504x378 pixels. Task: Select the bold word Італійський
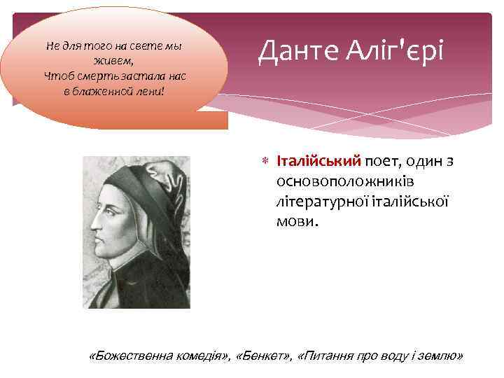coord(318,162)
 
